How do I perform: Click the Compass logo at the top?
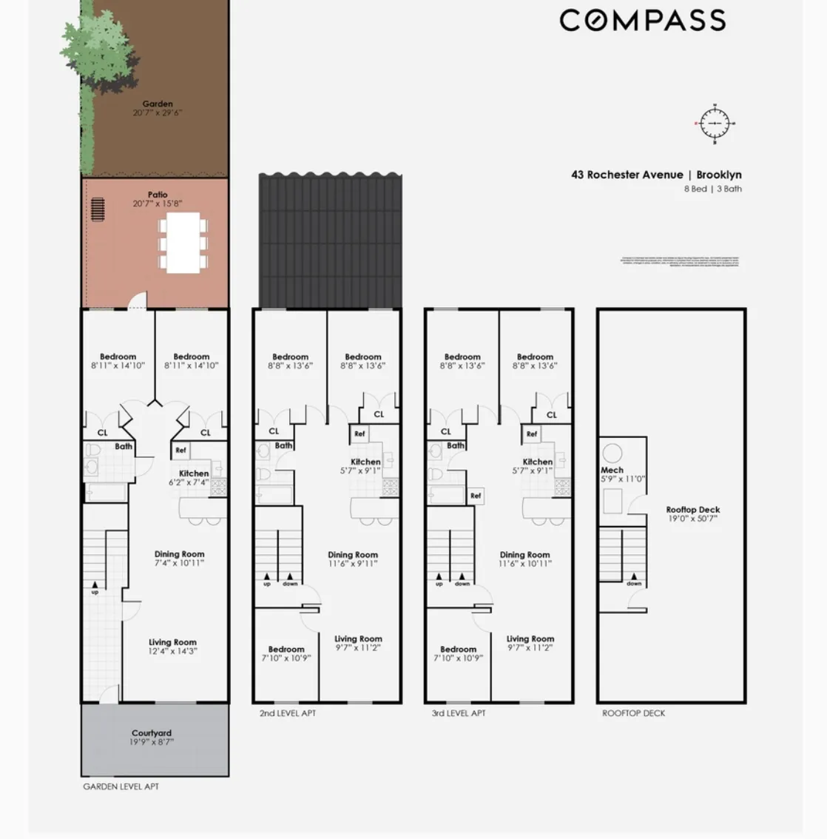click(642, 21)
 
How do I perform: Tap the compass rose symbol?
click(715, 124)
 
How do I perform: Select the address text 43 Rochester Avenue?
click(627, 175)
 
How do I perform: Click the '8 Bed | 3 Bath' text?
click(712, 189)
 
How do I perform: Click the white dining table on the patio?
click(183, 243)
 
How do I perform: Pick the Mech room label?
click(612, 471)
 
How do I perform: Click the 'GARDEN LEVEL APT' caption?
click(121, 786)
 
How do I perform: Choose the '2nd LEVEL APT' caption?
click(288, 713)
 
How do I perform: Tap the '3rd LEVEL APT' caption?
click(459, 713)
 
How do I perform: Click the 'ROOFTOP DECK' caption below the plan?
click(633, 713)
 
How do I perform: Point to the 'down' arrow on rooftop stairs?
click(634, 579)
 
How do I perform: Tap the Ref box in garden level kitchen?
click(180, 450)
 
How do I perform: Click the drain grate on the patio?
click(97, 209)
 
